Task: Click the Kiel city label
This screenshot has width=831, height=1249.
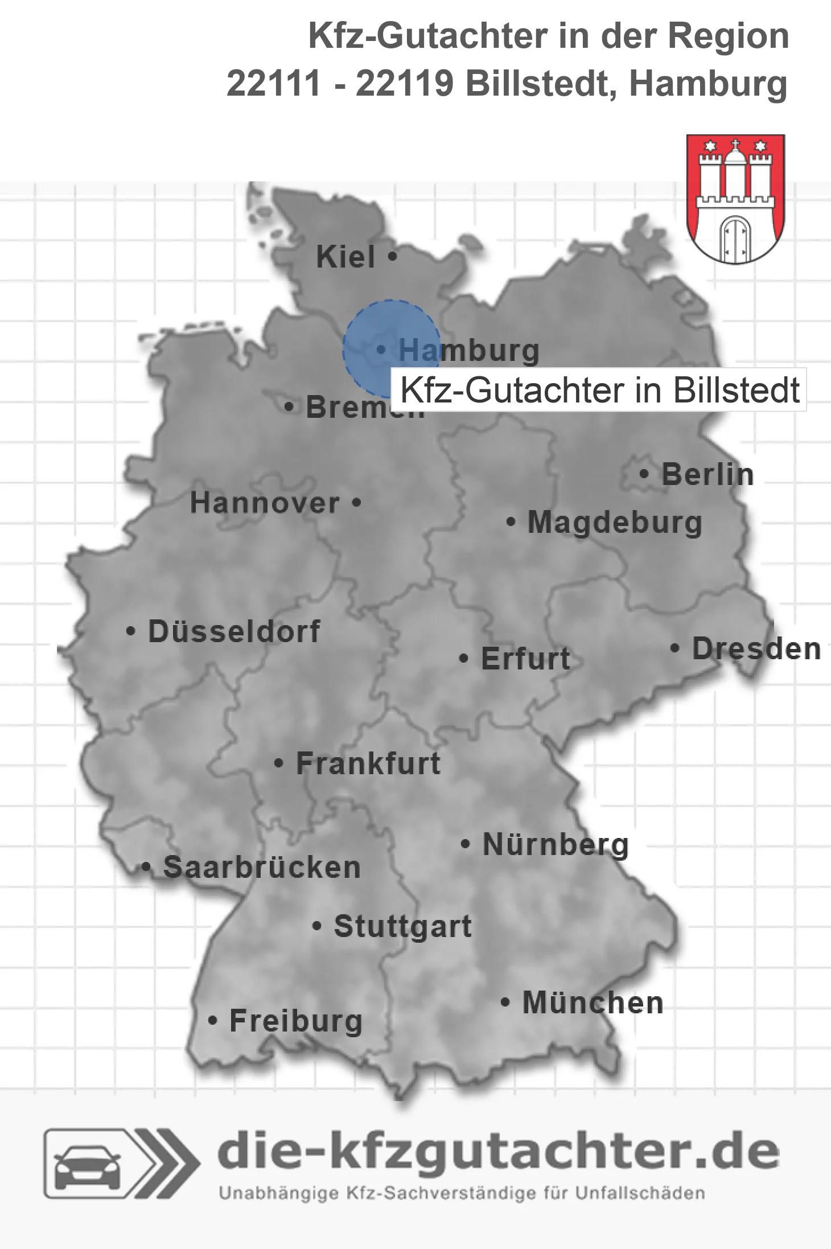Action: click(x=345, y=257)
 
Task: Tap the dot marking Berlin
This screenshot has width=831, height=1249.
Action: click(x=644, y=474)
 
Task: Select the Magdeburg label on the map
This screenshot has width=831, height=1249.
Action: click(x=615, y=523)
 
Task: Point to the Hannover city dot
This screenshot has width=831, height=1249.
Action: click(x=356, y=503)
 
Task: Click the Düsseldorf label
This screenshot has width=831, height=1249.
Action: click(x=234, y=631)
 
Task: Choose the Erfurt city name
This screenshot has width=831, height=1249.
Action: click(x=525, y=659)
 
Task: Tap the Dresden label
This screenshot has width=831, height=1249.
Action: click(x=756, y=649)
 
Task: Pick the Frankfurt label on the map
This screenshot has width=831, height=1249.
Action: click(x=368, y=763)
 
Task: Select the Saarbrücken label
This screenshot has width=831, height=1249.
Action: click(x=262, y=868)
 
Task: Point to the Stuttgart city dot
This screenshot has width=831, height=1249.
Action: click(x=317, y=926)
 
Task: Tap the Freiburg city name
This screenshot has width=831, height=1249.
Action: click(x=296, y=1021)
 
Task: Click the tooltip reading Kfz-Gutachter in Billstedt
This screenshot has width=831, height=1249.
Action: click(x=599, y=391)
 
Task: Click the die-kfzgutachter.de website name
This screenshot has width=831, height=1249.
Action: click(x=498, y=1151)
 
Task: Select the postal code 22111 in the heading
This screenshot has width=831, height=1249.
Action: click(x=274, y=84)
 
